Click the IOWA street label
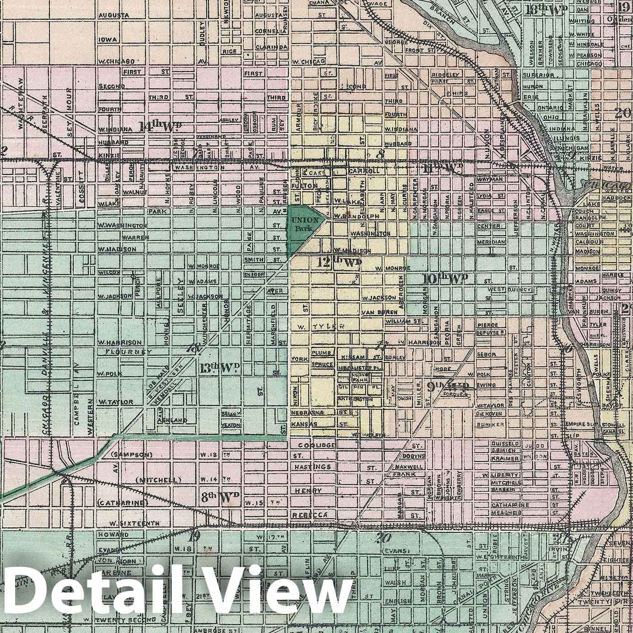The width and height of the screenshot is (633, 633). tap(108, 39)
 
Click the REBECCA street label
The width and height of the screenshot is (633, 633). tap(311, 515)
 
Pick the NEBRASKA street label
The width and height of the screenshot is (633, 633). tap(308, 413)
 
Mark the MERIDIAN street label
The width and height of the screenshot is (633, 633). tap(491, 242)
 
